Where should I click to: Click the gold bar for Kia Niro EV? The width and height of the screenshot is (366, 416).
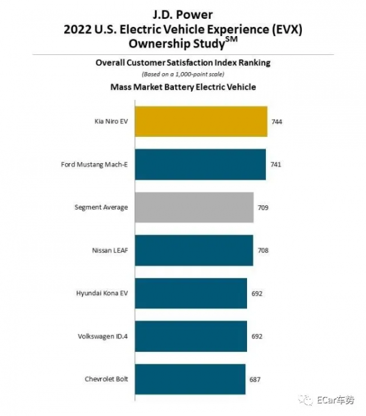pyautogui.click(x=201, y=121)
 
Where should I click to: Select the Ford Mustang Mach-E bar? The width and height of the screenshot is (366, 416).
pyautogui.click(x=200, y=164)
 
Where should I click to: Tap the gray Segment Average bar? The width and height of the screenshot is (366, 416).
pyautogui.click(x=194, y=207)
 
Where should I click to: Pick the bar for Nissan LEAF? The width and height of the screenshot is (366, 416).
pyautogui.click(x=193, y=250)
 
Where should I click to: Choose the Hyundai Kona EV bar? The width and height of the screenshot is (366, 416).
pyautogui.click(x=190, y=293)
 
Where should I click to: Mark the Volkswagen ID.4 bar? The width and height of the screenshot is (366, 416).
pyautogui.click(x=190, y=336)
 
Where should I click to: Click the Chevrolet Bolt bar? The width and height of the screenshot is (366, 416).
pyautogui.click(x=190, y=379)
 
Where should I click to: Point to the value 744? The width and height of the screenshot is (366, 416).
pyautogui.click(x=276, y=122)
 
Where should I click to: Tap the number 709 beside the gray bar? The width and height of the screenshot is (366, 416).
pyautogui.click(x=263, y=208)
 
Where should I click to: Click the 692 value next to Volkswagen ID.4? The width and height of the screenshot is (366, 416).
pyautogui.click(x=257, y=337)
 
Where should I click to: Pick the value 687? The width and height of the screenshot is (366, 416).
pyautogui.click(x=255, y=379)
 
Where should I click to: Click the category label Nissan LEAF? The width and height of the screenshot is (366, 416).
pyautogui.click(x=110, y=250)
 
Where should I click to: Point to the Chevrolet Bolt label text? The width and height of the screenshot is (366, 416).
pyautogui.click(x=106, y=379)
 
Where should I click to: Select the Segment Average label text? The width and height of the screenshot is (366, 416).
pyautogui.click(x=101, y=208)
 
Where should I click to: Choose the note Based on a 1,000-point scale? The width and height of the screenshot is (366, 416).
pyautogui.click(x=182, y=74)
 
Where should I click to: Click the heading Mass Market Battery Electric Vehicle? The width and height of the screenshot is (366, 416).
pyautogui.click(x=182, y=87)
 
